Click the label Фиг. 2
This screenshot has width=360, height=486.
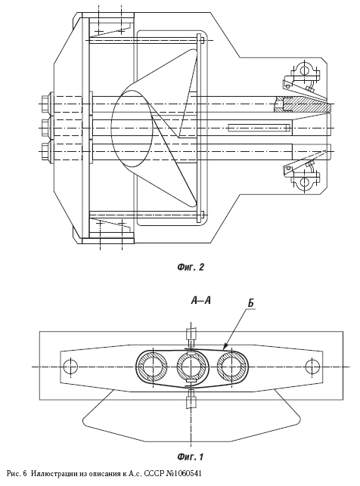191,267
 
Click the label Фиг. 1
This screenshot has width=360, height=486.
191,457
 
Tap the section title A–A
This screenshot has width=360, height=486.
201,300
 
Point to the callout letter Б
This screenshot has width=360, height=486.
250,303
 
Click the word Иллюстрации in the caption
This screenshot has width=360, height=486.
49,474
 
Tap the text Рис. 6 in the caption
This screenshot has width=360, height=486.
17,474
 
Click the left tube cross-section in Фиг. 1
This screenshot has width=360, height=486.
153,367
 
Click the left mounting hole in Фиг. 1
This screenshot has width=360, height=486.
70,367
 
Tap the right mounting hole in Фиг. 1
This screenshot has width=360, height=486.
312,367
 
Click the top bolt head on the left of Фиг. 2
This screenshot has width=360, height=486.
46,104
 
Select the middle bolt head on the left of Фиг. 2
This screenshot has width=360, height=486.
46,128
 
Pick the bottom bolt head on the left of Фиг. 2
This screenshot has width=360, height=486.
46,151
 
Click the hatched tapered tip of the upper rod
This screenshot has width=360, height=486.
307,104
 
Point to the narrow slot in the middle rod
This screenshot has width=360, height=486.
259,128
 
